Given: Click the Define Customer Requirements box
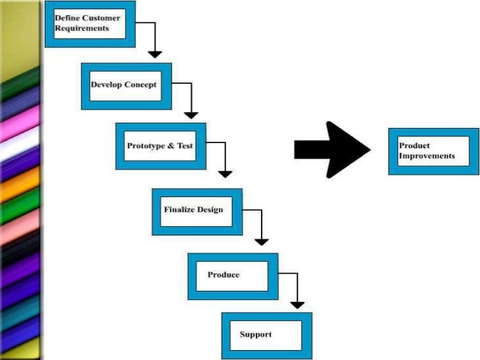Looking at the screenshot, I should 90,24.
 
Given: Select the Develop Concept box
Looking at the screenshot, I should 126,86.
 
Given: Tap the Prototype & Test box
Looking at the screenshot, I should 160,146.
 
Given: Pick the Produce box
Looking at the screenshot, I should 232,276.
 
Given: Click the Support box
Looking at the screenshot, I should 266,336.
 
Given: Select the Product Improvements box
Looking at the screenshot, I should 433,151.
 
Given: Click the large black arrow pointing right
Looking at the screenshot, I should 332,150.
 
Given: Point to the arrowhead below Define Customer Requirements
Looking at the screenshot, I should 155,54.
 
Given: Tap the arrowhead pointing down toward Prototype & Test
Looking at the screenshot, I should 191,114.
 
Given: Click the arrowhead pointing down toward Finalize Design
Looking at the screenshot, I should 225,174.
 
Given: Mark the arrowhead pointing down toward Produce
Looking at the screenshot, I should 262,241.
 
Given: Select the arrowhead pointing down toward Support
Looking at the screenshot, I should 297,305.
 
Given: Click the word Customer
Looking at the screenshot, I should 101,18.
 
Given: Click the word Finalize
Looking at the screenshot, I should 179,210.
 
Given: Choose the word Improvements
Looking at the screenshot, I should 427,156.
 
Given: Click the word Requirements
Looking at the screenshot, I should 82,28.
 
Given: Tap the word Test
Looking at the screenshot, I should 185,146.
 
